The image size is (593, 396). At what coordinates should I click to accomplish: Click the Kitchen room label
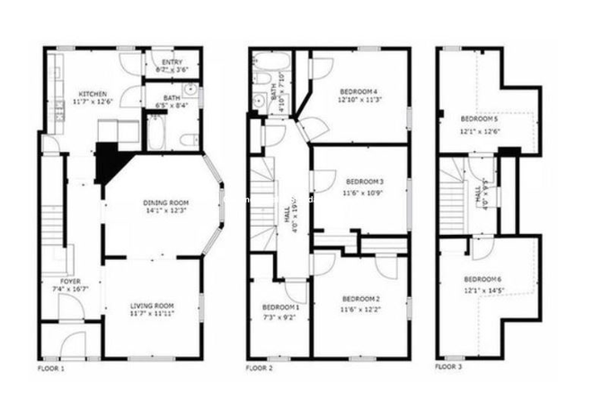point(93,94)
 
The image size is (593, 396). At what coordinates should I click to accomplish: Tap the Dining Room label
point(165,202)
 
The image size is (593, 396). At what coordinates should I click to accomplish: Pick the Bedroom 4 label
point(358,91)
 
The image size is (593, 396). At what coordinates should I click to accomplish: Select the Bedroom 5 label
point(479,119)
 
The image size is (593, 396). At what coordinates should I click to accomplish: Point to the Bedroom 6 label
point(482,279)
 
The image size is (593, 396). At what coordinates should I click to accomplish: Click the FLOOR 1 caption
point(51,369)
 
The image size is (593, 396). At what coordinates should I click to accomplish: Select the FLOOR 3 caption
point(448,369)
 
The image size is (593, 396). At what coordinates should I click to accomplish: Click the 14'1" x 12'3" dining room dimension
point(165,211)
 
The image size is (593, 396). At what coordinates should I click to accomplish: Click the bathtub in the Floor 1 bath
point(155,135)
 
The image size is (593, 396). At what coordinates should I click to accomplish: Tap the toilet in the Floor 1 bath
point(189,139)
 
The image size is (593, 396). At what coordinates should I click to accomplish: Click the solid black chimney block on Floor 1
point(110,162)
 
